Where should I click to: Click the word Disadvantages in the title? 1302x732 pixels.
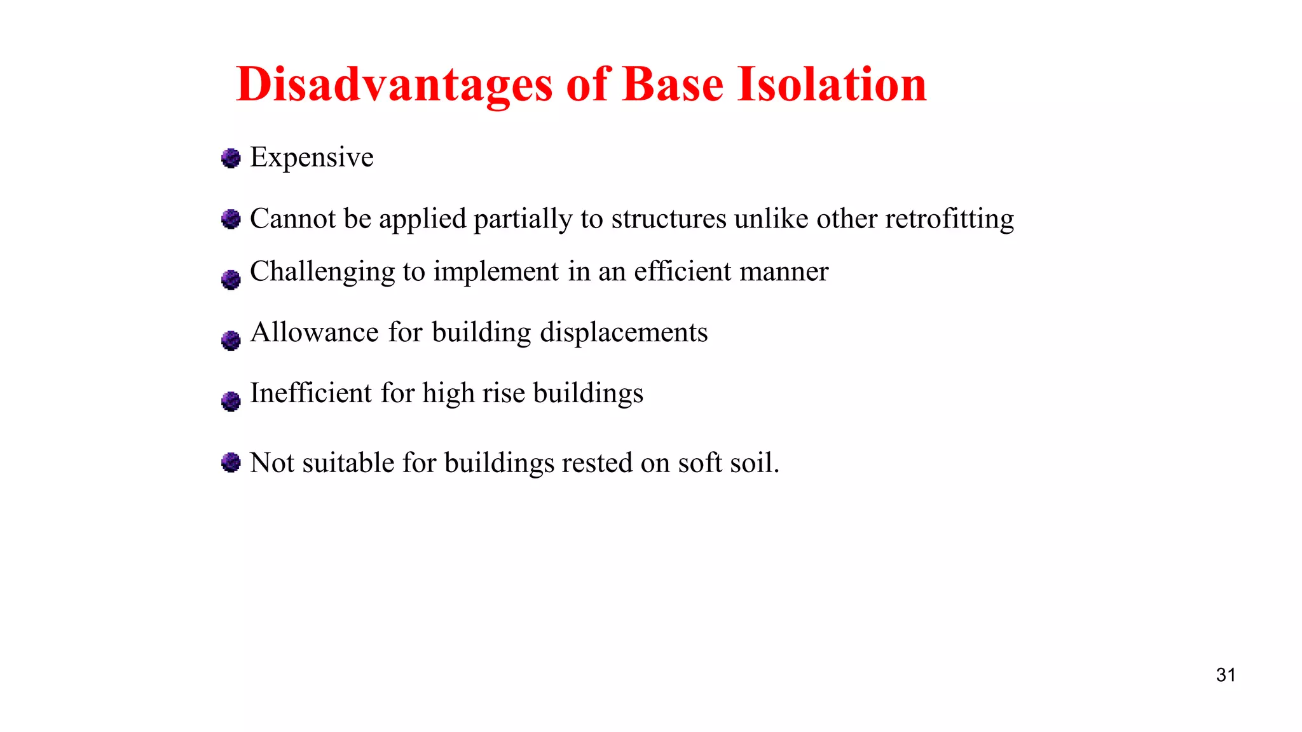pyautogui.click(x=394, y=85)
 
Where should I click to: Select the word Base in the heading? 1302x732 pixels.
pyautogui.click(x=673, y=85)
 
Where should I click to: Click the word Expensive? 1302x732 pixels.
pyautogui.click(x=312, y=158)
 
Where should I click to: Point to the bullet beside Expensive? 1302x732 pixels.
pyautogui.click(x=231, y=158)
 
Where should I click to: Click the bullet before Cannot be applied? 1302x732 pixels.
pyautogui.click(x=231, y=219)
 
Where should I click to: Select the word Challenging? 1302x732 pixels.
pyautogui.click(x=322, y=272)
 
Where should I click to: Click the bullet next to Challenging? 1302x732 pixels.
pyautogui.click(x=231, y=280)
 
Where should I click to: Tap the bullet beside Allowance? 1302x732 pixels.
pyautogui.click(x=231, y=340)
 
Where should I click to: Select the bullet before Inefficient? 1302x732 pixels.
pyautogui.click(x=231, y=401)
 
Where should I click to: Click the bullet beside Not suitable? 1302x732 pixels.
pyautogui.click(x=231, y=462)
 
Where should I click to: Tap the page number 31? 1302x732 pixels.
pyautogui.click(x=1226, y=675)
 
